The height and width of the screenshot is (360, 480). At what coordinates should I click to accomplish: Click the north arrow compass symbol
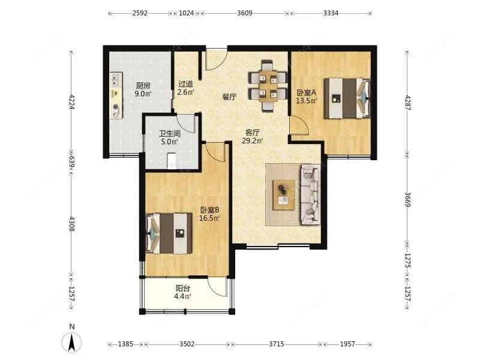pyautogui.click(x=71, y=341)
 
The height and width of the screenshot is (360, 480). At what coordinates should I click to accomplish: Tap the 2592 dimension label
pyautogui.click(x=140, y=13)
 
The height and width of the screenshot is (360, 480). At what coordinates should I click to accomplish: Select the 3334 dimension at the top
pyautogui.click(x=331, y=13)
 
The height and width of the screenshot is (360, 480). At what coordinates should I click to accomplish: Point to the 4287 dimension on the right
pyautogui.click(x=407, y=103)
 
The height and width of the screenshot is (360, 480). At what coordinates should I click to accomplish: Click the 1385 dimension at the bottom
pyautogui.click(x=125, y=344)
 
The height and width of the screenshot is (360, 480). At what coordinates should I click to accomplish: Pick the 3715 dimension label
pyautogui.click(x=277, y=344)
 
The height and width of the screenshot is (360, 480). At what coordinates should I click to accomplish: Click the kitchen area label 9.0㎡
pyautogui.click(x=143, y=94)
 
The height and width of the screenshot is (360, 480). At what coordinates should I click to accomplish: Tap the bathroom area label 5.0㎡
pyautogui.click(x=170, y=142)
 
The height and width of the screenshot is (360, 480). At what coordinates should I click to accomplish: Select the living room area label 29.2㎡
pyautogui.click(x=253, y=141)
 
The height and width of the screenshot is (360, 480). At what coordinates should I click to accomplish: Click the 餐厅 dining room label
pyautogui.click(x=229, y=97)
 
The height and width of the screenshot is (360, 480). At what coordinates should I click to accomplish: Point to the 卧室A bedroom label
pyautogui.click(x=306, y=92)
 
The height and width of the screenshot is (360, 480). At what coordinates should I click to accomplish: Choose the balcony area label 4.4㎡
pyautogui.click(x=183, y=296)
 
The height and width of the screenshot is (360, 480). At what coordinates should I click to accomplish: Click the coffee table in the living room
pyautogui.click(x=284, y=194)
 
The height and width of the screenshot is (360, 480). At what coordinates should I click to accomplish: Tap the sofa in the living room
pyautogui.click(x=310, y=194)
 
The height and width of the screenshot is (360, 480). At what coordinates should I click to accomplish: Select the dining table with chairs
pyautogui.click(x=268, y=86)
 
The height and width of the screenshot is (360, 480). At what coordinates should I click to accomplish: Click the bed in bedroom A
pyautogui.click(x=347, y=98)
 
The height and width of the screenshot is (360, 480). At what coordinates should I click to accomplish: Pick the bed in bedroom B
pyautogui.click(x=169, y=233)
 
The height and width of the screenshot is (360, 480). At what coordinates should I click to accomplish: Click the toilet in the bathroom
pyautogui.click(x=172, y=160)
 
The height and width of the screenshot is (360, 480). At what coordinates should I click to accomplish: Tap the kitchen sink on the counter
pyautogui.click(x=116, y=80)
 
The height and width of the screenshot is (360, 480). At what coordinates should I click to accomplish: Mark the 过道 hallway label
pyautogui.click(x=186, y=84)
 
